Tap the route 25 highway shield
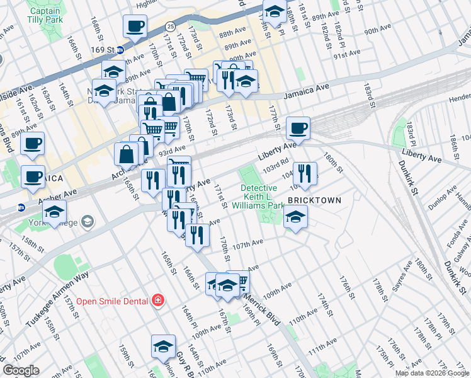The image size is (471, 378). pyautogui.click(x=171, y=26)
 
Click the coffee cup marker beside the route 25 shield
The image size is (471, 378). pyautogui.click(x=135, y=26)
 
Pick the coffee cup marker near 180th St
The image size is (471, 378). pyautogui.click(x=298, y=128)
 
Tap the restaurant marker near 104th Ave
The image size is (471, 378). pyautogui.click(x=305, y=173)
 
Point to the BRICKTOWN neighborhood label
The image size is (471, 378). pyautogui.click(x=314, y=200)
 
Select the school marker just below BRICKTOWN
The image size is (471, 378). pyautogui.click(x=294, y=217)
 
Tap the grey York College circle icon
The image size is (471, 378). pyautogui.click(x=87, y=222)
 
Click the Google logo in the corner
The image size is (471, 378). pyautogui.click(x=21, y=370)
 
